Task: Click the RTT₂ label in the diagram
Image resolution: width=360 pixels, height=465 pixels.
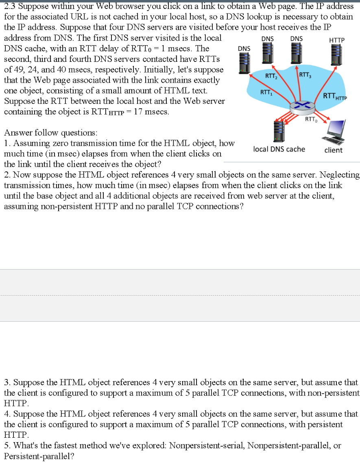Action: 271,76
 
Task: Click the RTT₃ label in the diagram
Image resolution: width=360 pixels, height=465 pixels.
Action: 305,75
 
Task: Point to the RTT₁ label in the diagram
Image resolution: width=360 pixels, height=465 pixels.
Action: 266,92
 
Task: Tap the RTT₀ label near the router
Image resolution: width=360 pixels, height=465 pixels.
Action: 310,119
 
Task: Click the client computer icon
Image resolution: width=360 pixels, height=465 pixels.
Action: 334,131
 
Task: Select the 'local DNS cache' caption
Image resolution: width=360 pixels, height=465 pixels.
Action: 279,149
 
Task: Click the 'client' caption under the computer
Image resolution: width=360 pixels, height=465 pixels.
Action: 334,150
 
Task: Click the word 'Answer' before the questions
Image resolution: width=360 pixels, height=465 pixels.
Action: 16,133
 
